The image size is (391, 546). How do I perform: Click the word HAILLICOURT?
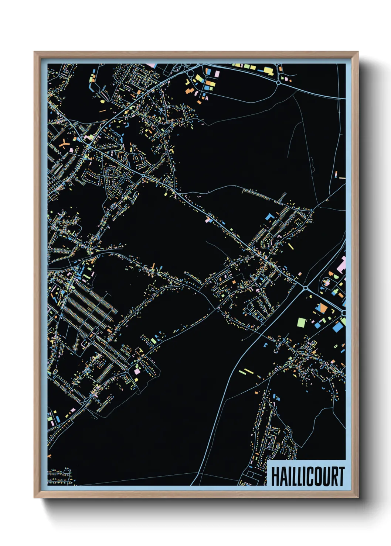pos(307,476)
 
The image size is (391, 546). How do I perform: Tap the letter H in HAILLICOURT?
pos(275,476)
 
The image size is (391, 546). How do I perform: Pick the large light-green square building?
pos(302,322)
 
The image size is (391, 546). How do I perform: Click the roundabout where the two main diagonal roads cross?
pos(306,288)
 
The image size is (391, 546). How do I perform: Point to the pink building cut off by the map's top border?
pos(152,66)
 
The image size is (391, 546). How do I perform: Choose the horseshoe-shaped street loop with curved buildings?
pos(273,439)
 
